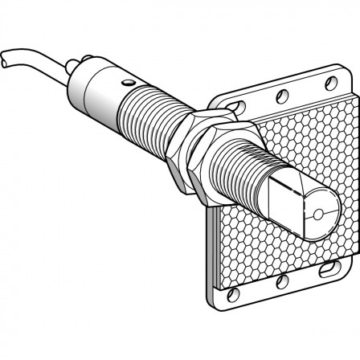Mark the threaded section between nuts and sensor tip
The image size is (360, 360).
pos(241,177)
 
